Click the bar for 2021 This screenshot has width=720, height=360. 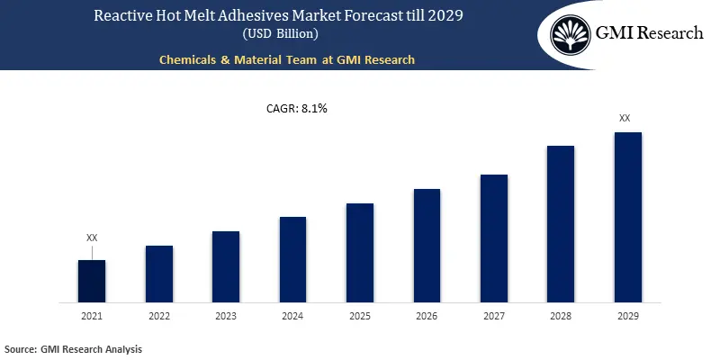click(92, 281)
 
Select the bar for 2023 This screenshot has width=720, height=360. click(226, 266)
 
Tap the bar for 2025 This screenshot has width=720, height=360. click(360, 253)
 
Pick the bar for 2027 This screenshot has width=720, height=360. click(494, 238)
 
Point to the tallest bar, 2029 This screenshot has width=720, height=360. click(627, 217)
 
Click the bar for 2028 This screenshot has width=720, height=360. click(561, 224)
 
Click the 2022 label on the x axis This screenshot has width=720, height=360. click(159, 316)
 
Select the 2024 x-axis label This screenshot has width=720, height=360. click(292, 316)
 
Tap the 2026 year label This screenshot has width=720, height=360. click(427, 316)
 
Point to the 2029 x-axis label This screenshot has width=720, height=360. click(627, 316)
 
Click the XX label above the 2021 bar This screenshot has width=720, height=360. click(92, 238)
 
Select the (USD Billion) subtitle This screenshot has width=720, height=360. click(279, 34)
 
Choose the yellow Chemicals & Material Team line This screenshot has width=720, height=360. click(285, 59)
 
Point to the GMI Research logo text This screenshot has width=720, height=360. click(649, 34)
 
